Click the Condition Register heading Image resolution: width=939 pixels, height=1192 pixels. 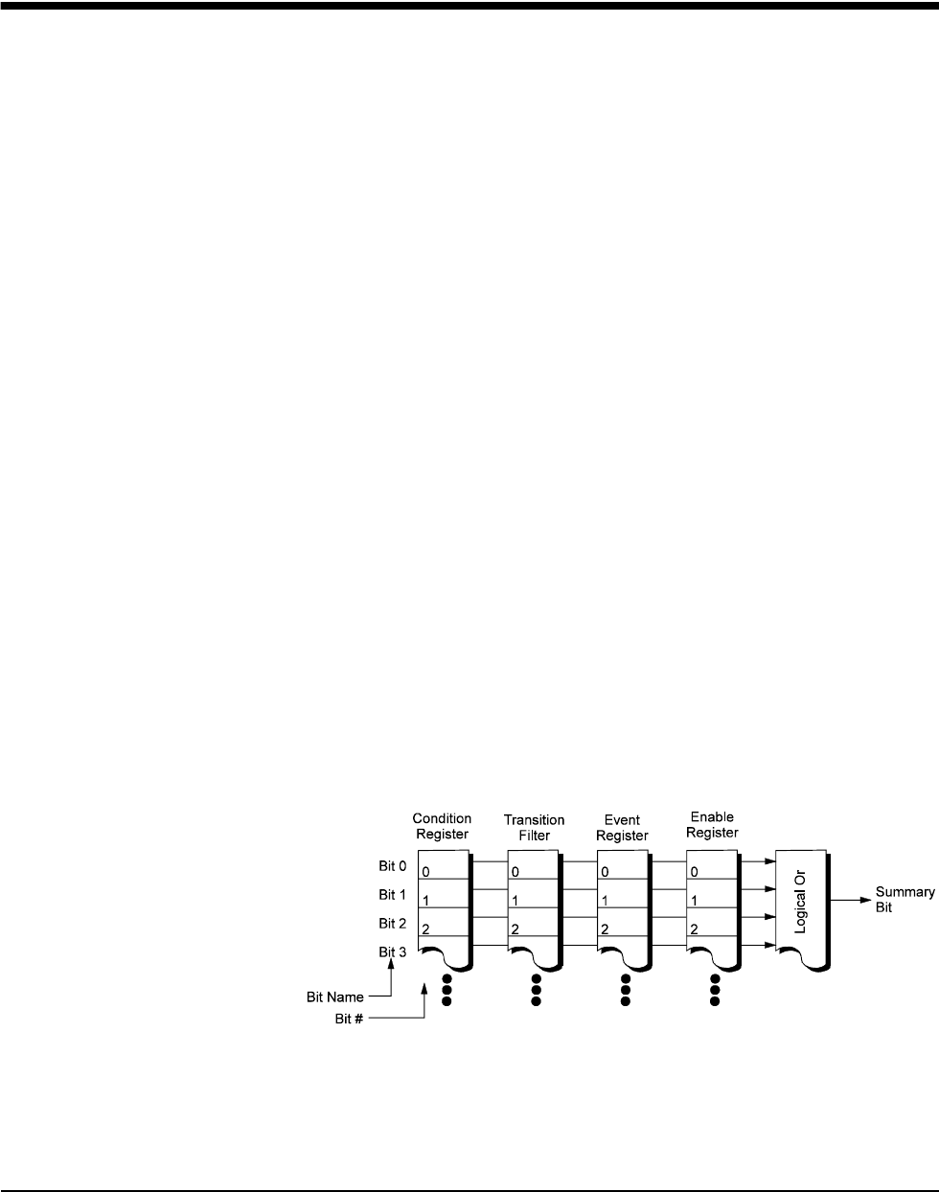pyautogui.click(x=442, y=826)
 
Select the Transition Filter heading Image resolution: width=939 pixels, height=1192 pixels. pyautogui.click(x=534, y=827)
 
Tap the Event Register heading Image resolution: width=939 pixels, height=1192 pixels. pyautogui.click(x=622, y=827)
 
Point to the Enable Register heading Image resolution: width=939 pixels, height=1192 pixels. pyautogui.click(x=712, y=825)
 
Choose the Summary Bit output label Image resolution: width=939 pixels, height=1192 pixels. pyautogui.click(x=905, y=899)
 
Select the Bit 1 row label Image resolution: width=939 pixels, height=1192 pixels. pyautogui.click(x=393, y=895)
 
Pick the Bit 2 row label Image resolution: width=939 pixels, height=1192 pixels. pyautogui.click(x=393, y=923)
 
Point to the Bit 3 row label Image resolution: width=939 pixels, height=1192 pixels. pyautogui.click(x=393, y=951)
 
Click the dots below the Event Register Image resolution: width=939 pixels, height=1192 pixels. pyautogui.click(x=625, y=989)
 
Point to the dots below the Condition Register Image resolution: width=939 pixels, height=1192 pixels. pyautogui.click(x=447, y=989)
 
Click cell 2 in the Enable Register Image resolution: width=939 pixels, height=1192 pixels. pyautogui.click(x=712, y=929)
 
